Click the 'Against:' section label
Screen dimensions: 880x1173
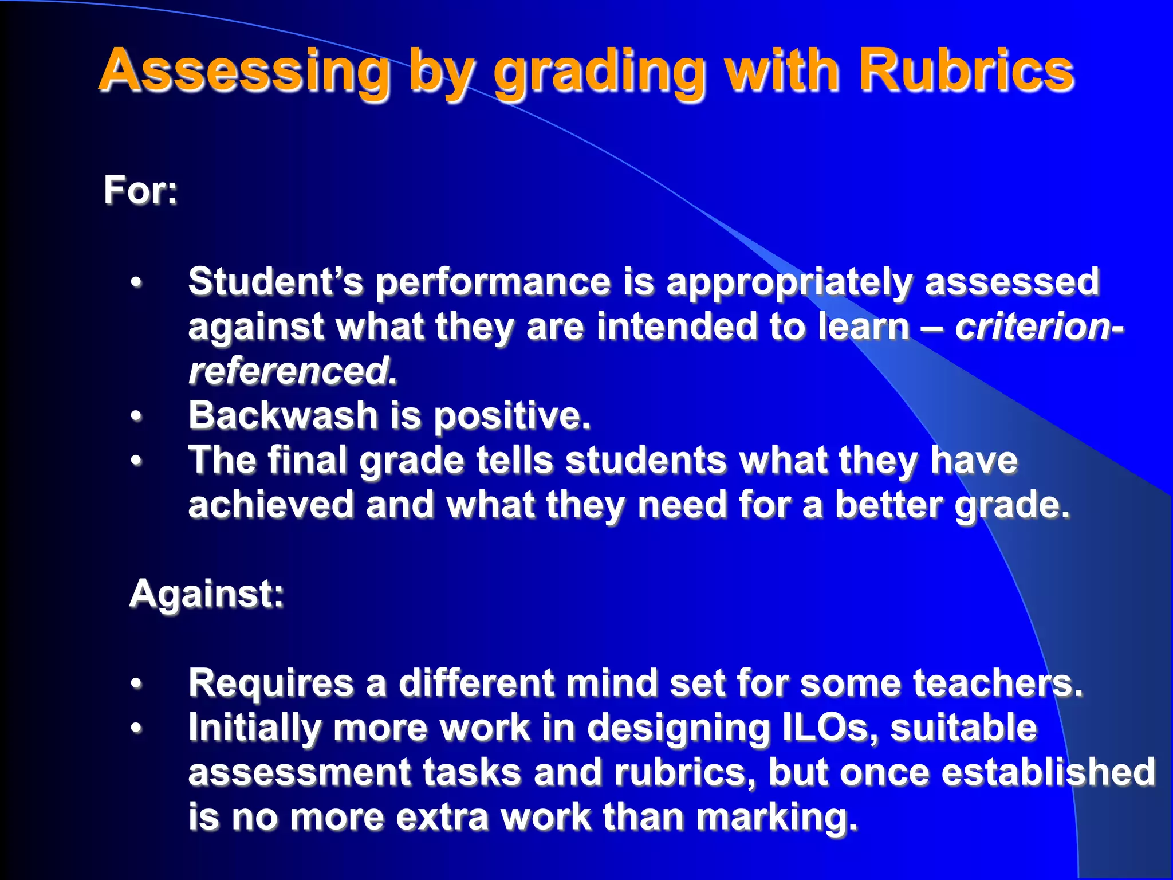207,594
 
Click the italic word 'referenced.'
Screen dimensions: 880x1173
293,371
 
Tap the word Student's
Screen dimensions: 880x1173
275,281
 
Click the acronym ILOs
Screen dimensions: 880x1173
830,728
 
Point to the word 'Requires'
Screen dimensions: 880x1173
271,683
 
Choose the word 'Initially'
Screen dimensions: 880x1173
254,728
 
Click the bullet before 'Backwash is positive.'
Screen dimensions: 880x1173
136,415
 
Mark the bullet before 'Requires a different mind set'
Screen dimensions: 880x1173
136,683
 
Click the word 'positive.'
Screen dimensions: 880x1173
511,416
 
